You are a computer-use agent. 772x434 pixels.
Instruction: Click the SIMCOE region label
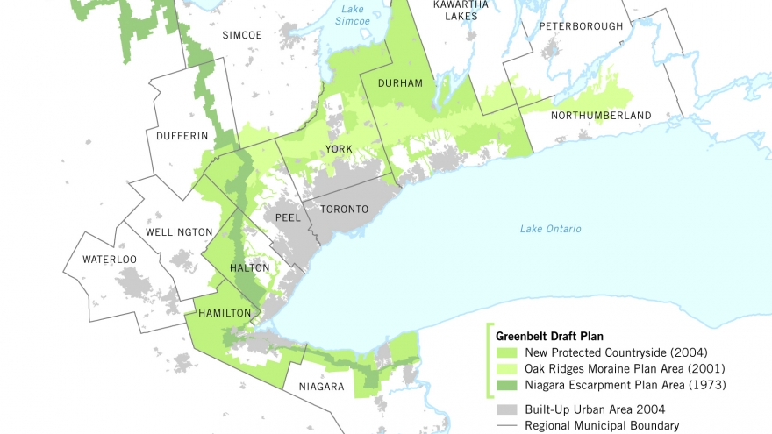coord(241,35)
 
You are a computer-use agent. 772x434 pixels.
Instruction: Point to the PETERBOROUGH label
coord(581,26)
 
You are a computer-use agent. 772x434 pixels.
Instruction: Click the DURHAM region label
coord(400,83)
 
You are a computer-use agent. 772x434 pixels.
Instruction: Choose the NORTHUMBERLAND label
coord(601,116)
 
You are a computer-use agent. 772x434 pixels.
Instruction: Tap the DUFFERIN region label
coord(182,136)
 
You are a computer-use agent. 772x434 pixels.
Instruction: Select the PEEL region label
coord(288,216)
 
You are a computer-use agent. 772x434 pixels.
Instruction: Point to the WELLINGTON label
coord(179,232)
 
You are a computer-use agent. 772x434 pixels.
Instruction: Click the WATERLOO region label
coord(110,260)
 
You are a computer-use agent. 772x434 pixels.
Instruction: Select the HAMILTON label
coord(225,313)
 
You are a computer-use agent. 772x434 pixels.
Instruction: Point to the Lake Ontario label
coord(550,229)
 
